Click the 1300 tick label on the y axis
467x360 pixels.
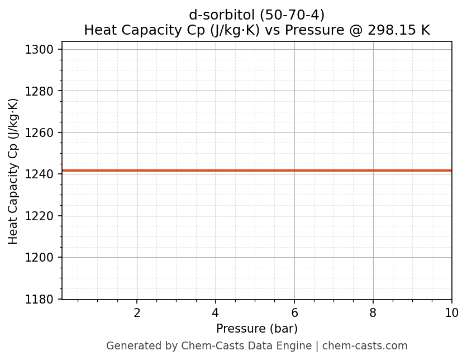point(41,50)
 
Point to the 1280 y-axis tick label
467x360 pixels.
point(41,91)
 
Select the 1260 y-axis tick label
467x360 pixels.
point(41,133)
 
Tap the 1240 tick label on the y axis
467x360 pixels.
point(41,174)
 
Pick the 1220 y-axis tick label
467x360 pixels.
point(41,216)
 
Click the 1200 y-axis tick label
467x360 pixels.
point(41,258)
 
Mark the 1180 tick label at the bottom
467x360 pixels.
point(41,299)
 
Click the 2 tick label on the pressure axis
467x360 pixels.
point(137,313)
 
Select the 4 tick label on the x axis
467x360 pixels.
point(216,313)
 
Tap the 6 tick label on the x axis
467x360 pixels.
point(294,313)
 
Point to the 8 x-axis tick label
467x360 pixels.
point(373,313)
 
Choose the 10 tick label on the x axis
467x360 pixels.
point(451,313)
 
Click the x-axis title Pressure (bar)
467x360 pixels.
point(257,329)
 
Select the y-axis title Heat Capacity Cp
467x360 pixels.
point(13,170)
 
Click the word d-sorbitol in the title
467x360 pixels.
point(215,15)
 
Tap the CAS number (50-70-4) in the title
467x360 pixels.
point(288,15)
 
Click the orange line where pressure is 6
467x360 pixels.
point(294,170)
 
